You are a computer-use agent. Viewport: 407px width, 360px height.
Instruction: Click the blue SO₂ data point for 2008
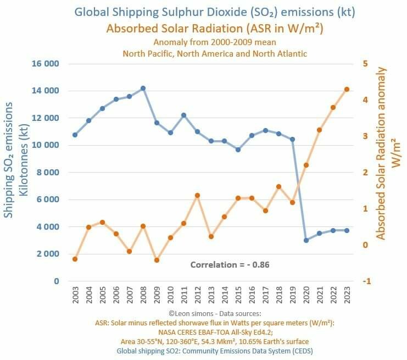[143, 88]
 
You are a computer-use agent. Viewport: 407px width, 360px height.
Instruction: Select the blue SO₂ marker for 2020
[306, 240]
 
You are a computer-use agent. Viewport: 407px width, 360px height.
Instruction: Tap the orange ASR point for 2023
[347, 90]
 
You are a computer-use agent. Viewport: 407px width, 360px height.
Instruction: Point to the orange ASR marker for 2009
[157, 260]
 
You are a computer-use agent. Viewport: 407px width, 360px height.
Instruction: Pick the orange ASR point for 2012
[197, 195]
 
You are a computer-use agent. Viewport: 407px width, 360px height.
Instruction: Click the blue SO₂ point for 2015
[238, 149]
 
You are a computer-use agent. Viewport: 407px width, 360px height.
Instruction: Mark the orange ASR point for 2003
[75, 259]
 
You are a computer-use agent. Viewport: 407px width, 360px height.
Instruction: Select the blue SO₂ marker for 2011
[184, 115]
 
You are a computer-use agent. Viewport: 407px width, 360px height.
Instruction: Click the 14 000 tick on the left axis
[45, 91]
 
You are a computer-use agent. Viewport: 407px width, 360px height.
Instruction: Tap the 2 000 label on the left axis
[48, 254]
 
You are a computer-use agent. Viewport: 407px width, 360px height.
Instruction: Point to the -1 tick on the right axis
[367, 281]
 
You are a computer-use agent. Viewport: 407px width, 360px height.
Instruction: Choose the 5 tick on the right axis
[365, 64]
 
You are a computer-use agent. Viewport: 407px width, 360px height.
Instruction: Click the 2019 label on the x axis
[293, 295]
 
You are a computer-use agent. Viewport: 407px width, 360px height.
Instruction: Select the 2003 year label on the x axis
[75, 295]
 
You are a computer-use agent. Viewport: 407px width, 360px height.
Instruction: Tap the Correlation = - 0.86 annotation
[230, 265]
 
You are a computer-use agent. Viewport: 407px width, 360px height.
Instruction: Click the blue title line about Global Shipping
[215, 12]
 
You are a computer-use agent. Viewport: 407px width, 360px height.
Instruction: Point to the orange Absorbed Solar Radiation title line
[215, 29]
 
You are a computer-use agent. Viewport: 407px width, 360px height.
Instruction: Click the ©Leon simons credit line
[215, 313]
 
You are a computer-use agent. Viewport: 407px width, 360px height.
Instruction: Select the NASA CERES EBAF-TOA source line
[215, 332]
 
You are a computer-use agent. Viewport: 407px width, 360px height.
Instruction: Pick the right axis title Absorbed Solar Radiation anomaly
[381, 153]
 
